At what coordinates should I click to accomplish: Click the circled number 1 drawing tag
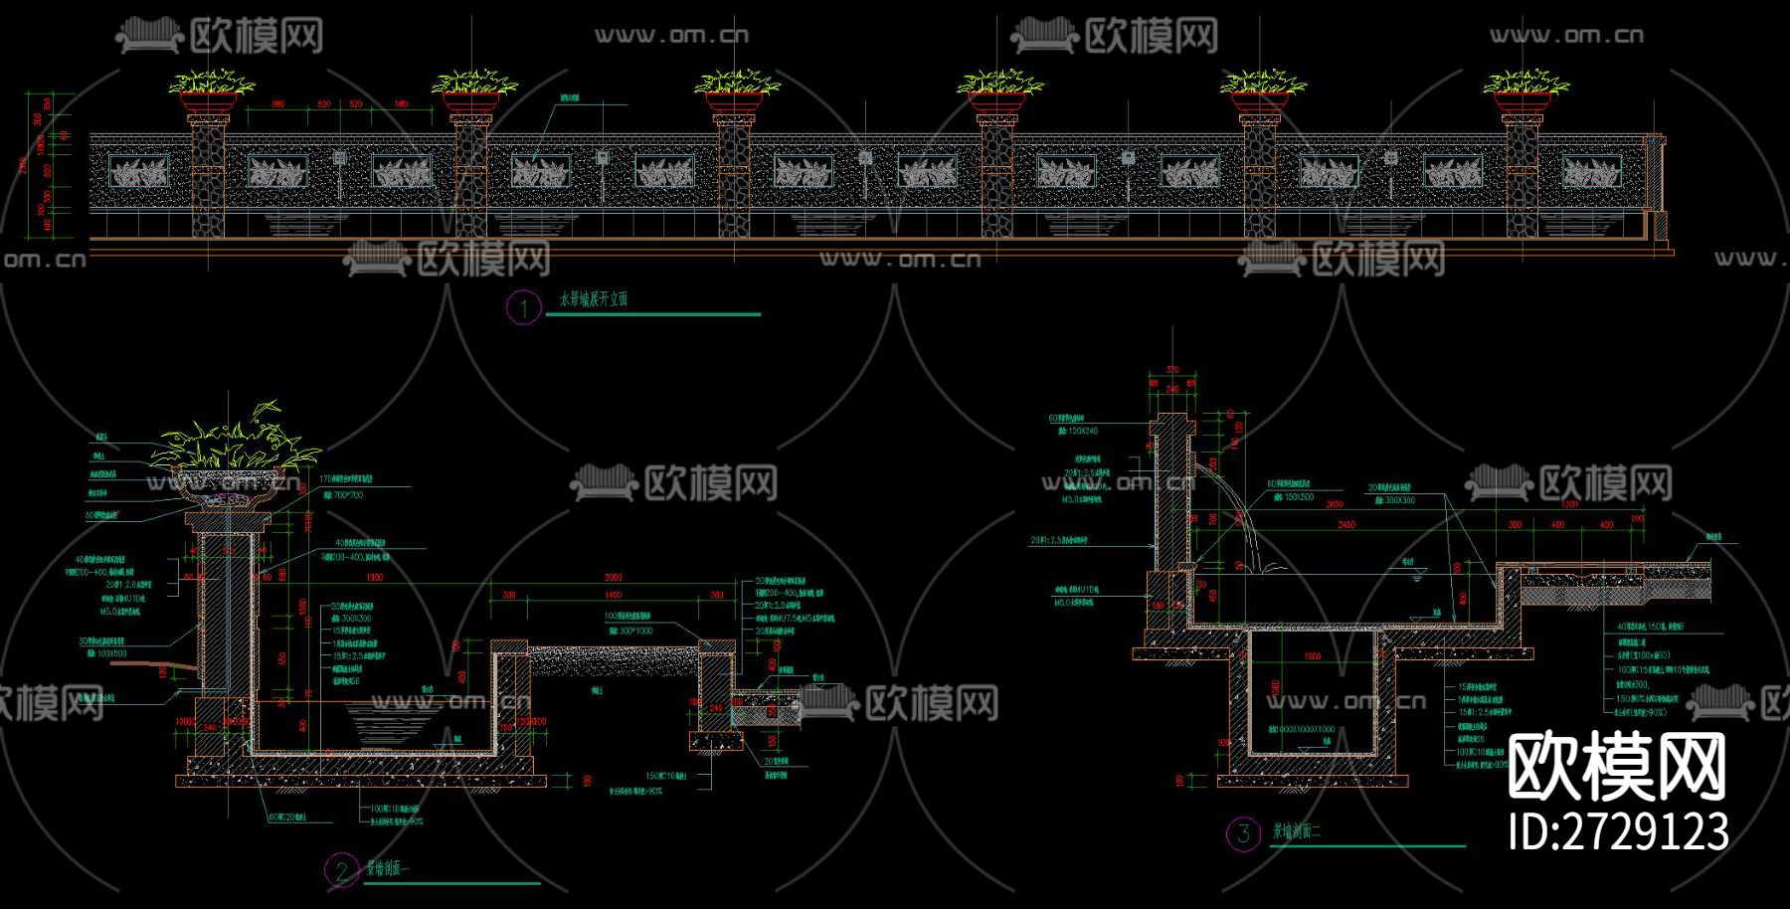(523, 307)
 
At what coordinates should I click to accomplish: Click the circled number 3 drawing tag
(1242, 833)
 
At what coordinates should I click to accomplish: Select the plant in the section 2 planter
(235, 444)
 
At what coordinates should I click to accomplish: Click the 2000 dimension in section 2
(614, 578)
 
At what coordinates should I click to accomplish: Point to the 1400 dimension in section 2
(613, 595)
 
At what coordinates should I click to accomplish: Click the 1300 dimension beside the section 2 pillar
(374, 578)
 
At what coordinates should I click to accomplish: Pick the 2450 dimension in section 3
(1346, 524)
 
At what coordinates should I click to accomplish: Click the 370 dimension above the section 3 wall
(1172, 371)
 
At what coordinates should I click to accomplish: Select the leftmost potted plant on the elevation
(211, 85)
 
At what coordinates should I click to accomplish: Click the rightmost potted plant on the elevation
(1525, 85)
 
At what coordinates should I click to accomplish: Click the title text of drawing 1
(594, 298)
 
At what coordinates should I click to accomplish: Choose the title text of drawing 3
(1297, 831)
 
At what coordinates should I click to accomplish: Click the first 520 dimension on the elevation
(323, 104)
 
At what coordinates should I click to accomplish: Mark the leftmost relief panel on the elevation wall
(139, 173)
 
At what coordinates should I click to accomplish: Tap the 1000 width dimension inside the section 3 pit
(1312, 656)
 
